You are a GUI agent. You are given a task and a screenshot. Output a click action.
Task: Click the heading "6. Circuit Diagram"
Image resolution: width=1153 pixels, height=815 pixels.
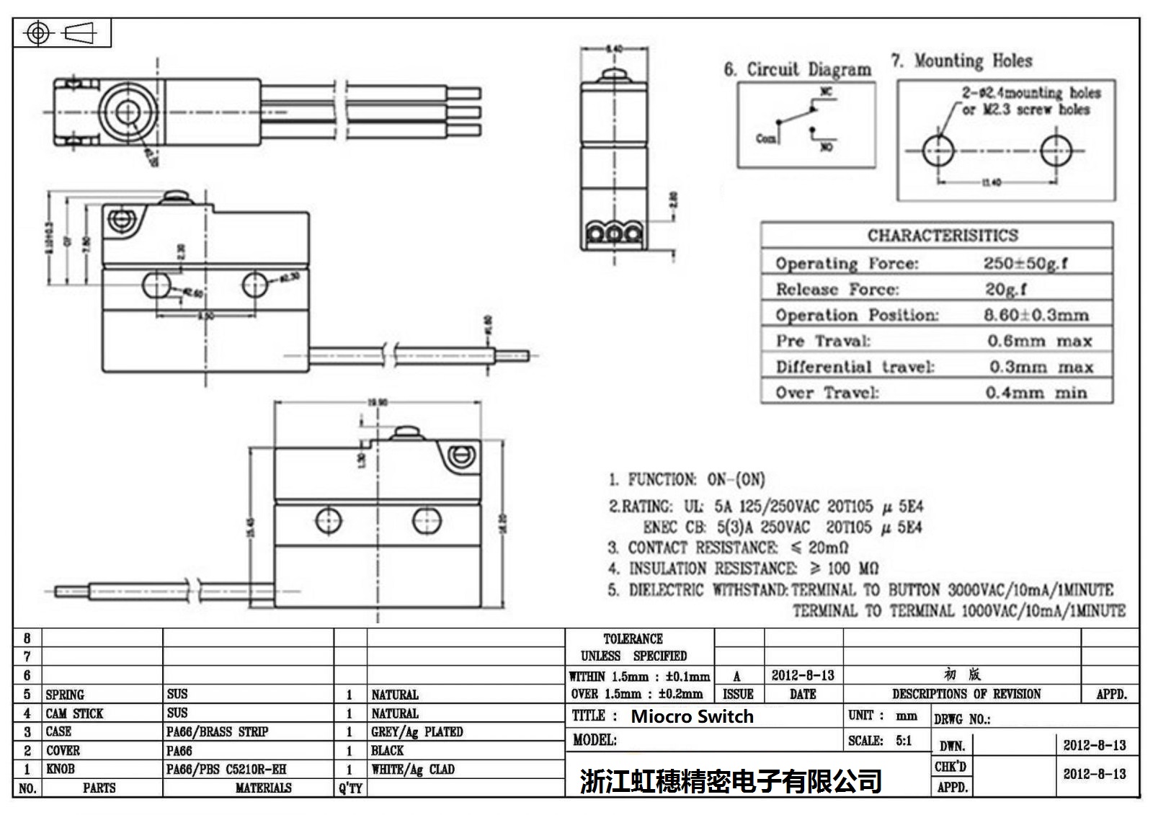[797, 69]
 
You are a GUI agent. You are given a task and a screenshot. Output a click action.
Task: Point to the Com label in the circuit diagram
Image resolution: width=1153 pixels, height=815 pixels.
[765, 138]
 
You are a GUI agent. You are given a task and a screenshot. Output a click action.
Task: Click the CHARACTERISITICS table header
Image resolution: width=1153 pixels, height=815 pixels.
[942, 236]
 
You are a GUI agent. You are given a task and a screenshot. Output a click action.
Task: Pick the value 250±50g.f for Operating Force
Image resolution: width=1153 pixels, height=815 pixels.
[1025, 263]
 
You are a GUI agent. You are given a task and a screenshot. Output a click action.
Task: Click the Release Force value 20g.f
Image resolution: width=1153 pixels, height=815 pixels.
[1005, 289]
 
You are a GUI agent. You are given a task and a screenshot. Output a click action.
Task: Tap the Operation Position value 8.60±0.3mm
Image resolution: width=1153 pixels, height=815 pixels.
[1036, 315]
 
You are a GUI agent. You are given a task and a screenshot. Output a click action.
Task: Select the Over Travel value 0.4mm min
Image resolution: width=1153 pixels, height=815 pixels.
[1036, 393]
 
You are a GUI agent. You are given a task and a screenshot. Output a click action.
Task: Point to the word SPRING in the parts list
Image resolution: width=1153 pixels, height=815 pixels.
[65, 695]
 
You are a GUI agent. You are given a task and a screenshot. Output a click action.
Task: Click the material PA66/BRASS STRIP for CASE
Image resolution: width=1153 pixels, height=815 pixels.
[217, 731]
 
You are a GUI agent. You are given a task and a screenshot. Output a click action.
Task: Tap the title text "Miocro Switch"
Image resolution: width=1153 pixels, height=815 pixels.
[692, 716]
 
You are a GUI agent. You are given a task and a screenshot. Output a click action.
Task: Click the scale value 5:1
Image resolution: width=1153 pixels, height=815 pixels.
[904, 740]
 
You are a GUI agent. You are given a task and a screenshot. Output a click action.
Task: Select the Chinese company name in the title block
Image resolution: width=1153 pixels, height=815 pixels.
[731, 780]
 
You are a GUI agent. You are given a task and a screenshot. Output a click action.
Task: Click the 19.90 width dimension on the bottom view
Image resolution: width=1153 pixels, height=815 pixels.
[378, 402]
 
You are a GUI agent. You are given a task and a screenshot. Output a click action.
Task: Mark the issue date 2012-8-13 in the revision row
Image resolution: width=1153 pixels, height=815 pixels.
[802, 675]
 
